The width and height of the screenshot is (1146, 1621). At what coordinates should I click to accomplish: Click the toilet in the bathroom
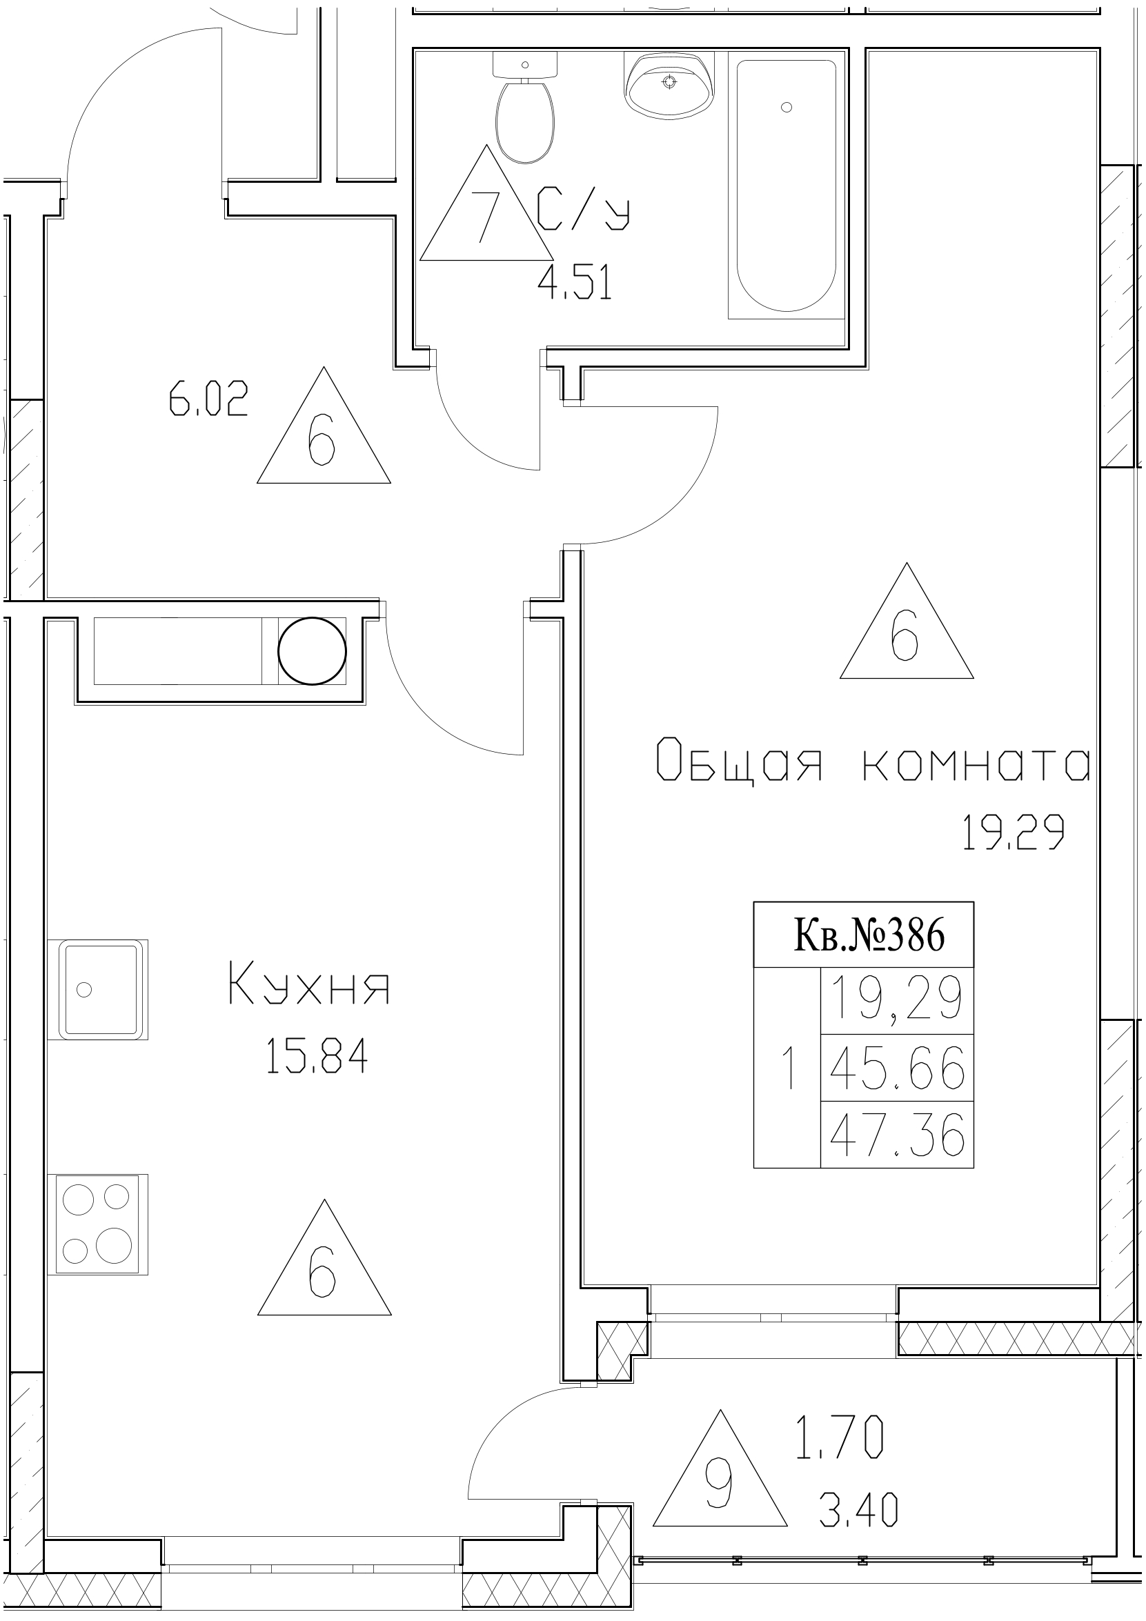coord(524,113)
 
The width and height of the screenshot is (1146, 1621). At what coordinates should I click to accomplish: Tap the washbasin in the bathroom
coord(669,86)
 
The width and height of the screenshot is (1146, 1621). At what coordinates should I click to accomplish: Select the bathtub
coord(786,187)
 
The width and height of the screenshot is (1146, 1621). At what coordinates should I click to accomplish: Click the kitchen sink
coord(98,989)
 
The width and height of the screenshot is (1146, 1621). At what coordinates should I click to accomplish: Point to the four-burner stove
coord(98,1225)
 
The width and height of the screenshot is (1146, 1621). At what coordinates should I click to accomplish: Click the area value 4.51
coord(575,284)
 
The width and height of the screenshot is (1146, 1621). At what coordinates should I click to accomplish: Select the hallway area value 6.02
coord(208,399)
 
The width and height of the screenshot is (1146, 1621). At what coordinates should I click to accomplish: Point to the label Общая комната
coord(873,768)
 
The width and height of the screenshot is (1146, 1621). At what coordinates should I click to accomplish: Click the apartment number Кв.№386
coord(869,935)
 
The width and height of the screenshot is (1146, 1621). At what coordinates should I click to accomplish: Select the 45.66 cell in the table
coord(897,1068)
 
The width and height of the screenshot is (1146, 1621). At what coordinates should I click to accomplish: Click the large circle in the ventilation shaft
coord(312,651)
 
